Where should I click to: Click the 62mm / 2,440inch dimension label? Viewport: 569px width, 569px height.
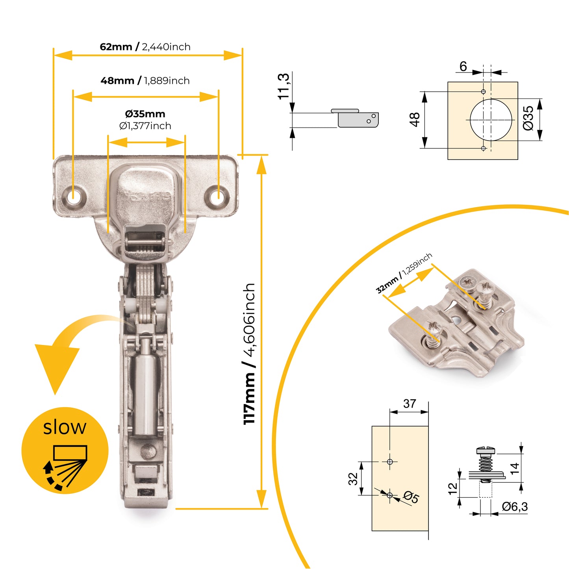pyautogui.click(x=145, y=47)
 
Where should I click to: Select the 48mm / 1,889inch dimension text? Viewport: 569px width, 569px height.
pyautogui.click(x=145, y=81)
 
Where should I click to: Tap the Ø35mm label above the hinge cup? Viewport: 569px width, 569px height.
pyautogui.click(x=145, y=114)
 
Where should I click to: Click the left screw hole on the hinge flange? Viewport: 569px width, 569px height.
pyautogui.click(x=73, y=196)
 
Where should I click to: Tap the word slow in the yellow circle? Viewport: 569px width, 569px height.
pyautogui.click(x=65, y=427)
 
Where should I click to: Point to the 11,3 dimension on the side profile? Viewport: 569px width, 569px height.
pyautogui.click(x=284, y=86)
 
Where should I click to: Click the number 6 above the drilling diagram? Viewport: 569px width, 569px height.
pyautogui.click(x=463, y=67)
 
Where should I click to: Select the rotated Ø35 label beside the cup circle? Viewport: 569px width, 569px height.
pyautogui.click(x=528, y=118)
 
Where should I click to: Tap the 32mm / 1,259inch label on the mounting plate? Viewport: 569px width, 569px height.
pyautogui.click(x=404, y=273)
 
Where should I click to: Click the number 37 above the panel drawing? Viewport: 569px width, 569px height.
pyautogui.click(x=410, y=404)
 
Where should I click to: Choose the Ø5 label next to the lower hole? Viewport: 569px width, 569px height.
pyautogui.click(x=411, y=497)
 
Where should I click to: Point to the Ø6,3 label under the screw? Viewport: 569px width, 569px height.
pyautogui.click(x=515, y=507)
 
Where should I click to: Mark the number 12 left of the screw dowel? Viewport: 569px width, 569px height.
pyautogui.click(x=453, y=488)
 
